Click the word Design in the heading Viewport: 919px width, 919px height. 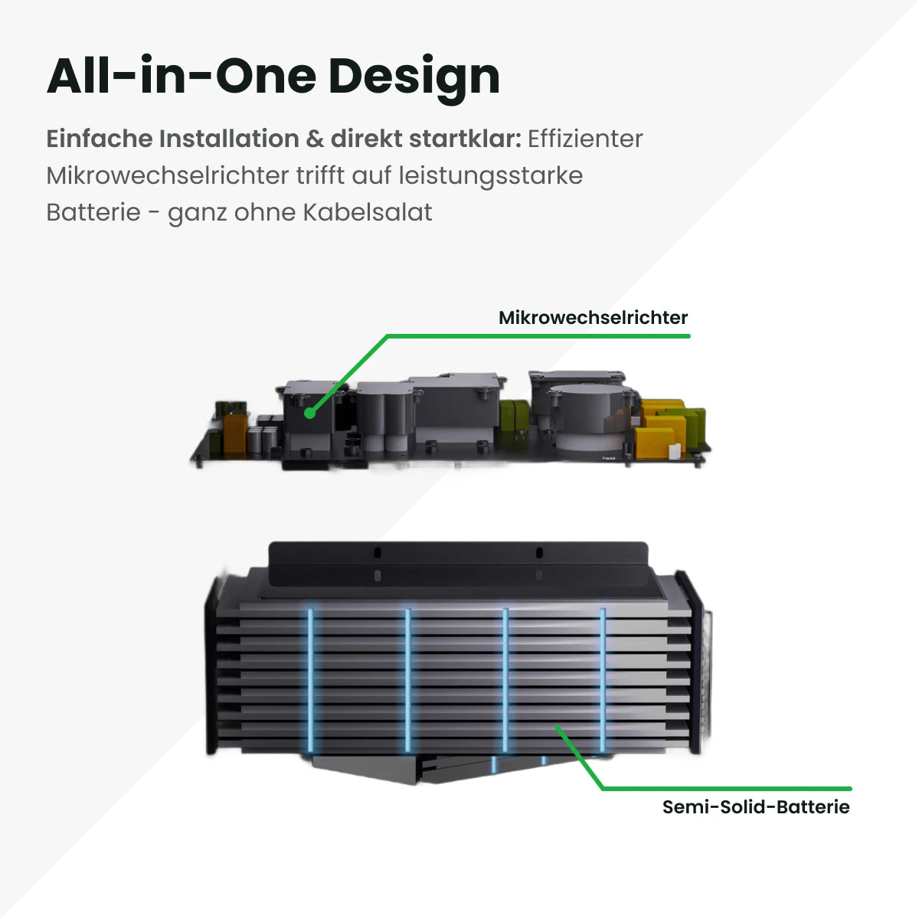414,77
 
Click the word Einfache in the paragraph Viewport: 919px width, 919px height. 100,139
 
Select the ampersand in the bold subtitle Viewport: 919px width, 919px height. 315,139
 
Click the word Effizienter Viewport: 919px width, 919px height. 585,139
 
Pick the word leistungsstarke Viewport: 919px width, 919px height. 490,175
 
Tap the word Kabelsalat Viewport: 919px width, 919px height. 368,212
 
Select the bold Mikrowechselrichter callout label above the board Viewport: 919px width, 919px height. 593,318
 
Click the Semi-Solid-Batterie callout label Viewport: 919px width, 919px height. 756,806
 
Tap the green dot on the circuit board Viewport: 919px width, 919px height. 309,413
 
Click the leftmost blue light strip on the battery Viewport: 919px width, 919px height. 310,678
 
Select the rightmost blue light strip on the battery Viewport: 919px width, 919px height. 603,678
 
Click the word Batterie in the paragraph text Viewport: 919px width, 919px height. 93,212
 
